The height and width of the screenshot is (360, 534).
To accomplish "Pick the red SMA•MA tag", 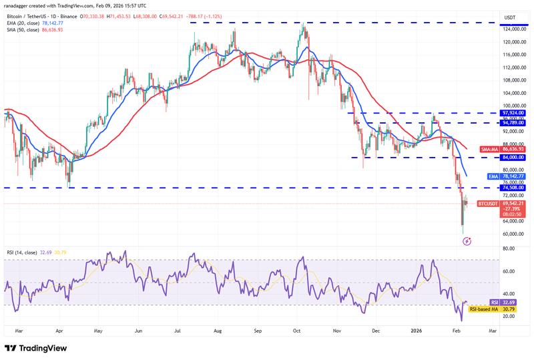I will tap(489, 149).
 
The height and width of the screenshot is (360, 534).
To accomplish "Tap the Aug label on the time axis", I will tap(218, 330).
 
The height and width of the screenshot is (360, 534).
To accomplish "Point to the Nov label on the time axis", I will tap(337, 330).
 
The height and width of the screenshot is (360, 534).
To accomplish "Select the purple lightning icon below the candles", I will tap(467, 240).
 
